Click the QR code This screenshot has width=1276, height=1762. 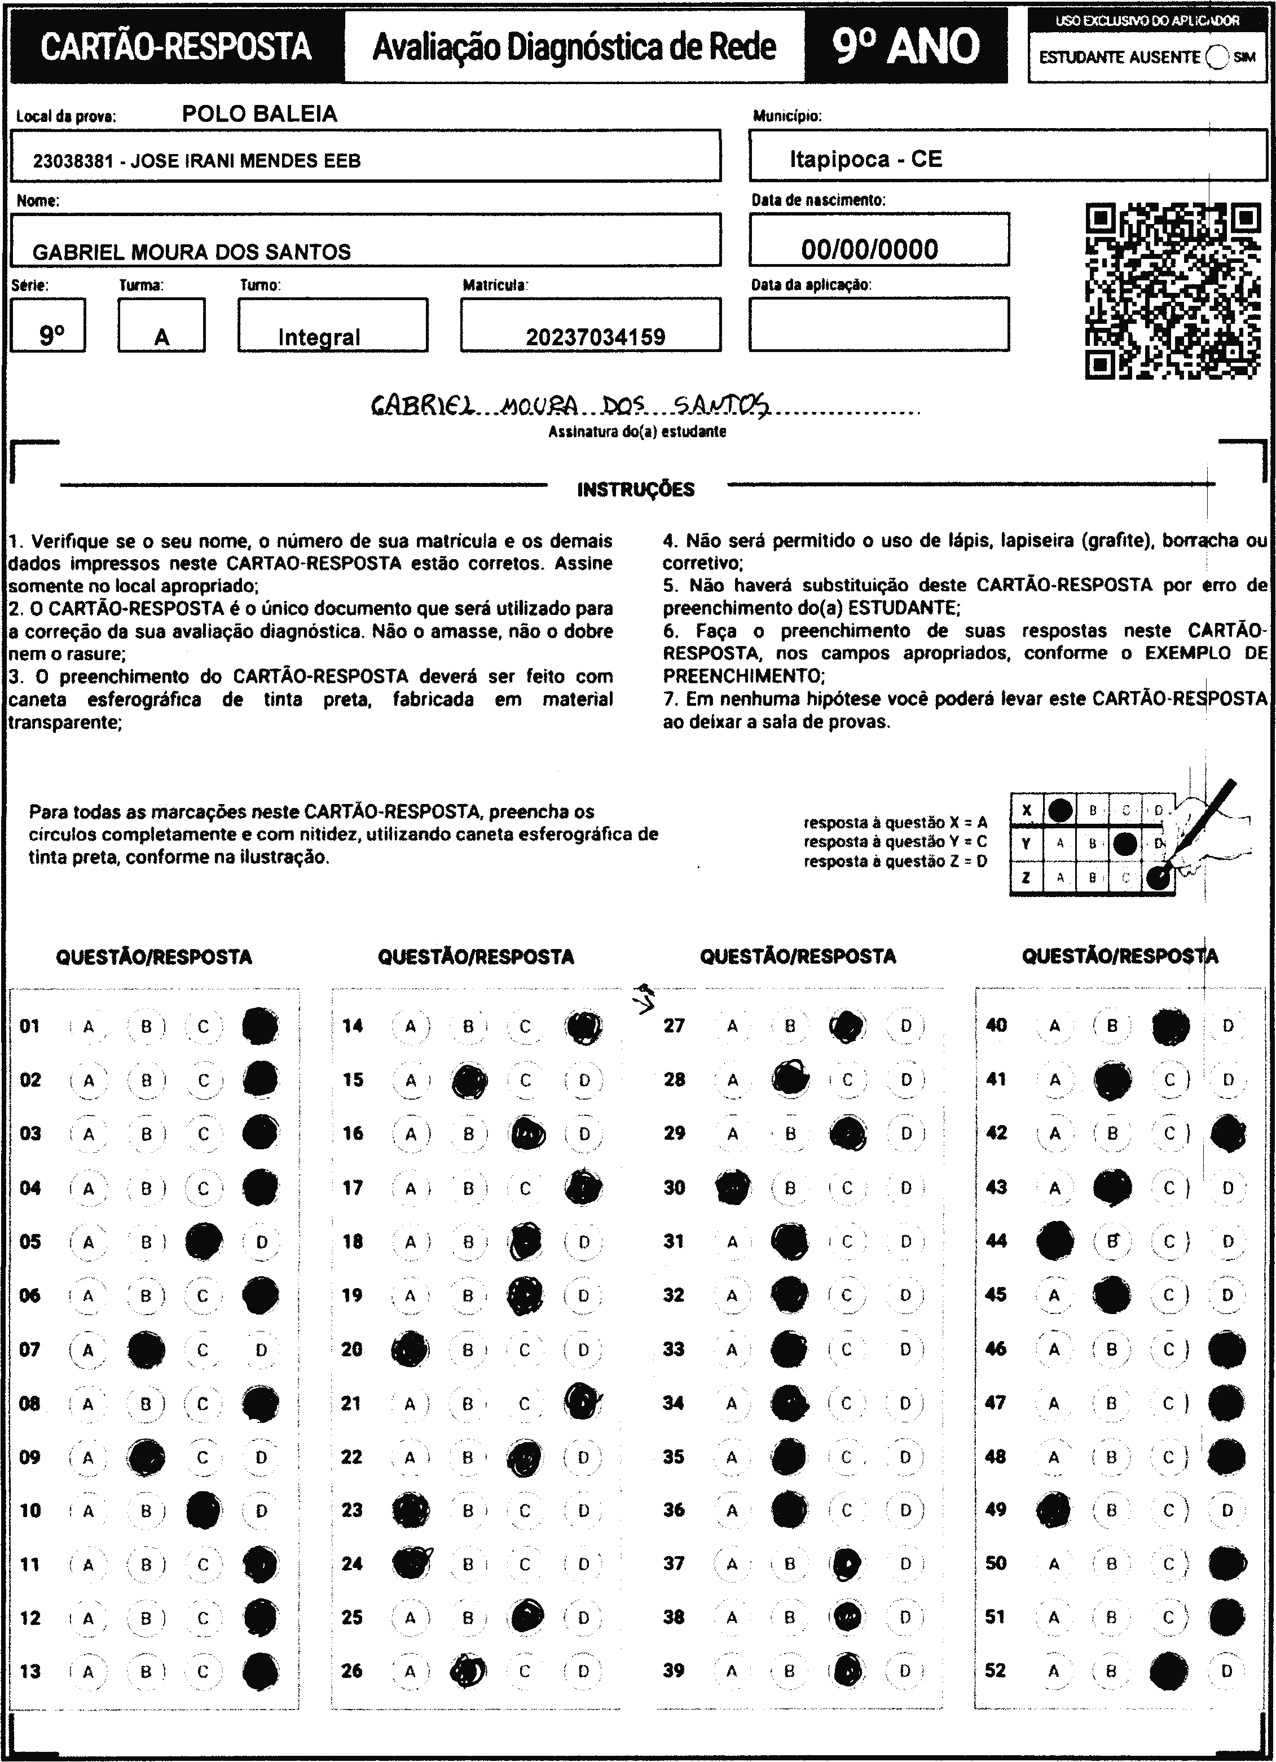click(1173, 291)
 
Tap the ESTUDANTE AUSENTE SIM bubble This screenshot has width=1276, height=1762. click(1218, 57)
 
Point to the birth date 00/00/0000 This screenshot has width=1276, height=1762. click(869, 249)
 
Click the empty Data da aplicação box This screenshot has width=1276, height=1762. click(878, 324)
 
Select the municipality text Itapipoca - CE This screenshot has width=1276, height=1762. click(865, 159)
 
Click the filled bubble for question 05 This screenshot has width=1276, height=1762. click(204, 1241)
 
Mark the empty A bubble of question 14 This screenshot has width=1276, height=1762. click(411, 1026)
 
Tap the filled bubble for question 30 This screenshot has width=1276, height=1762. click(732, 1188)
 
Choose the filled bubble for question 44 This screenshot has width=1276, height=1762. click(1055, 1241)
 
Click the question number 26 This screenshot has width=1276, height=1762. click(352, 1671)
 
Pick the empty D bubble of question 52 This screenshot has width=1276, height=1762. click(1227, 1671)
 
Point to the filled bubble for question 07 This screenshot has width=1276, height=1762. click(146, 1350)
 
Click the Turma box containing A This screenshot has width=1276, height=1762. click(161, 326)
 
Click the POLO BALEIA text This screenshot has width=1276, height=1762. click(259, 114)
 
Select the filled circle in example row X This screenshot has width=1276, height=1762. click(1060, 810)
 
